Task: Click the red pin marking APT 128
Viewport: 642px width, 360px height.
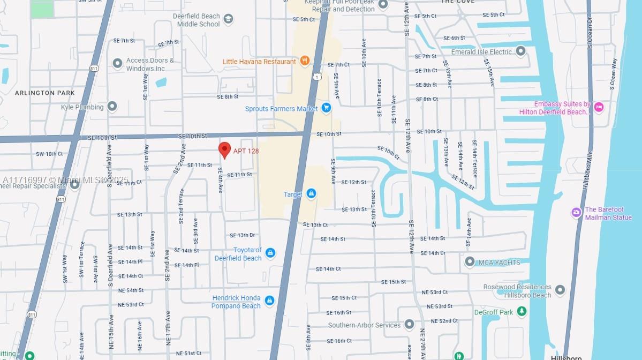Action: (225, 150)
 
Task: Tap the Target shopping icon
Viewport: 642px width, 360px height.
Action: (312, 194)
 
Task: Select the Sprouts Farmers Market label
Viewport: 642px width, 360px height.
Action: (281, 109)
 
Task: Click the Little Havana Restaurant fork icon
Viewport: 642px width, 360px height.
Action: (305, 61)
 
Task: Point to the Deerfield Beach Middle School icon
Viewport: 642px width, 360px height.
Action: (229, 20)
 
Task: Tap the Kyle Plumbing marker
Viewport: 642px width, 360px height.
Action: (112, 107)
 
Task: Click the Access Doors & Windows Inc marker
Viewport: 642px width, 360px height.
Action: (117, 63)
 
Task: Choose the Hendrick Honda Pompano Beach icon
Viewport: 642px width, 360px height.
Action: (269, 301)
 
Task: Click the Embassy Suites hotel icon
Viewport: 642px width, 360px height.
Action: (599, 107)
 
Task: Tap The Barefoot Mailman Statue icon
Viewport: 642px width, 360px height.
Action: (576, 213)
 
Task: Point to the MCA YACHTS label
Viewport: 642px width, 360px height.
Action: (500, 262)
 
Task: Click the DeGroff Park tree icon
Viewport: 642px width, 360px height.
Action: (522, 312)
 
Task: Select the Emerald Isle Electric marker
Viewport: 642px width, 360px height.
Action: (521, 51)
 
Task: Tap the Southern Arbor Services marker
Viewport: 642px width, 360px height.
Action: (410, 325)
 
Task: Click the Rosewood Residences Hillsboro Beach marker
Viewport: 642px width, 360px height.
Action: (560, 290)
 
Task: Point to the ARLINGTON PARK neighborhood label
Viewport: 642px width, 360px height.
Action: (45, 93)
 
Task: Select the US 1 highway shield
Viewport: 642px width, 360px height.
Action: (318, 77)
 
